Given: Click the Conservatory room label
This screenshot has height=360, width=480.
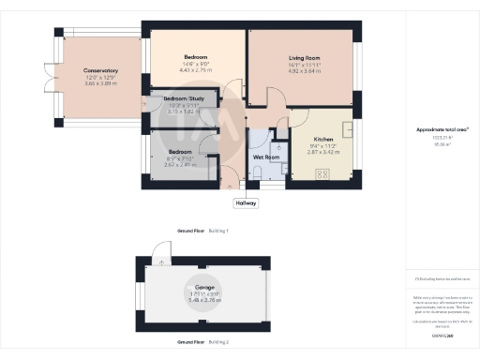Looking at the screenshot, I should (100, 71).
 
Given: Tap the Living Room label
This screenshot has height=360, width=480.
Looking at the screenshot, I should (303, 58).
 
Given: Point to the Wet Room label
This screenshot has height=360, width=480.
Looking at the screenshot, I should (267, 157).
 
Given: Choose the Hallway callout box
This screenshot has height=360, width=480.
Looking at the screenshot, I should (245, 202).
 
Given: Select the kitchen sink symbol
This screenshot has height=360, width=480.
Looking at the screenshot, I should (347, 128).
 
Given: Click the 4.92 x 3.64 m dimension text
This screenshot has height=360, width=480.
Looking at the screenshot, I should (303, 71).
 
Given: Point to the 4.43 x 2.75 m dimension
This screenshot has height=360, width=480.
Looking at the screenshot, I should (194, 71).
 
